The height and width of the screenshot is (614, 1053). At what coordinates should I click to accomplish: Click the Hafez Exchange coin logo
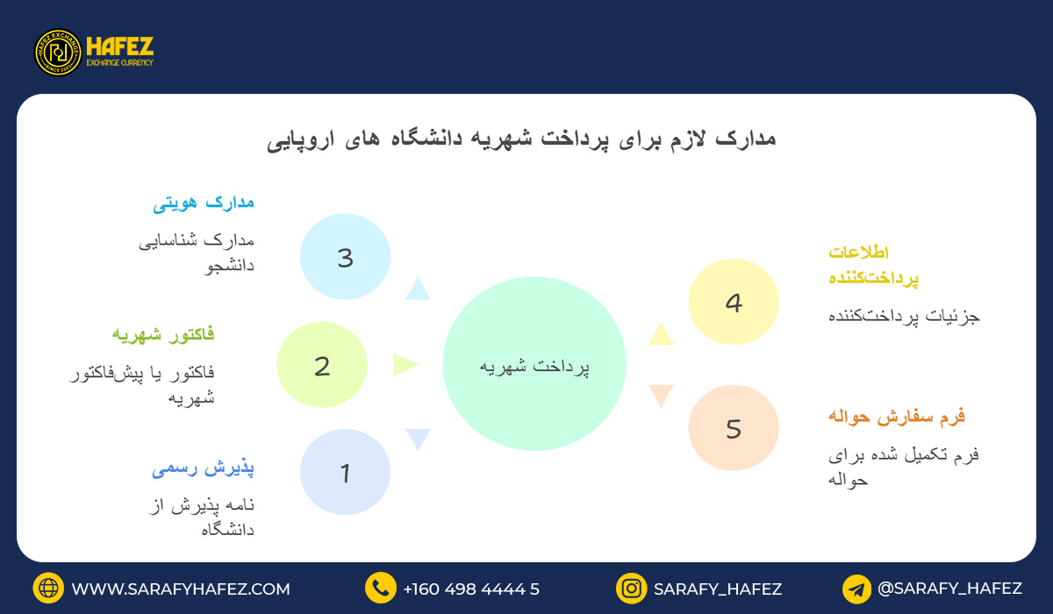[x=58, y=53]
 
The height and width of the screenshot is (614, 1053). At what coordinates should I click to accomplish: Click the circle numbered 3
[x=345, y=258]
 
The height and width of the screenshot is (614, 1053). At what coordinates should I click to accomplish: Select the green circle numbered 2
[x=322, y=365]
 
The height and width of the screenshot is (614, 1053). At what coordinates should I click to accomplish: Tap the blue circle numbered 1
[x=345, y=472]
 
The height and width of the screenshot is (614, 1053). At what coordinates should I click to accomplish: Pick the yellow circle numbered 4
[x=734, y=302]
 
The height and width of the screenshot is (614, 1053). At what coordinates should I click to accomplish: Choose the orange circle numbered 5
[x=734, y=428]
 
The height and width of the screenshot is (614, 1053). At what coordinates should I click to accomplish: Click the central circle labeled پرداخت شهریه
[x=534, y=364]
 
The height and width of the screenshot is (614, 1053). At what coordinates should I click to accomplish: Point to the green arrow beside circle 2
[x=404, y=364]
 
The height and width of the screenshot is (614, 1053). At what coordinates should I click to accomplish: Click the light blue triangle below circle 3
[x=418, y=289]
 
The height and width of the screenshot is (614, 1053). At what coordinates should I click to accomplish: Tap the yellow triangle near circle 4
[x=661, y=335]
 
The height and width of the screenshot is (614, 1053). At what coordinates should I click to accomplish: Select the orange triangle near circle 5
[x=661, y=395]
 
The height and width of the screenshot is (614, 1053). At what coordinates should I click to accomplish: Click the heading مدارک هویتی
[x=204, y=203]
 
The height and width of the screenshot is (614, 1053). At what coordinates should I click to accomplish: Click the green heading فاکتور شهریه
[x=163, y=334]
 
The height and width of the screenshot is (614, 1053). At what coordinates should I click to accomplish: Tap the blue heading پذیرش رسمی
[x=203, y=468]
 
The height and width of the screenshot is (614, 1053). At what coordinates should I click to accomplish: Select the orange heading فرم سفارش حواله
[x=896, y=416]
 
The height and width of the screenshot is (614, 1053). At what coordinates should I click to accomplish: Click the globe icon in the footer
[x=48, y=589]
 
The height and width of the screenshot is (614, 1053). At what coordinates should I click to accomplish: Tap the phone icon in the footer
[x=381, y=589]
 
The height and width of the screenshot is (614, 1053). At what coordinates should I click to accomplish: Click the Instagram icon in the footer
[x=631, y=589]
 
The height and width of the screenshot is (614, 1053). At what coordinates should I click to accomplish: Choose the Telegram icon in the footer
[x=856, y=589]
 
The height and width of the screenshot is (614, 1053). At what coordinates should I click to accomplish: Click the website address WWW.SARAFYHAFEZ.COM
[x=181, y=589]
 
